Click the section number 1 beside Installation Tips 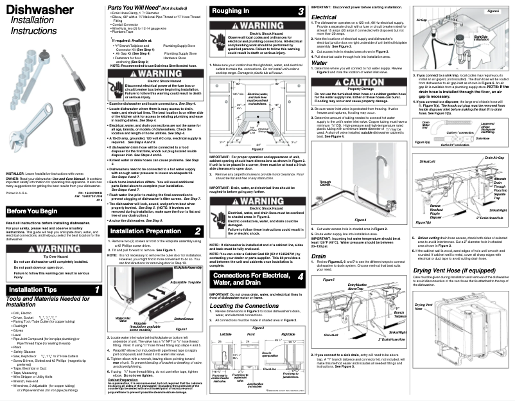97,290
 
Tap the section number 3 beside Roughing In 301,12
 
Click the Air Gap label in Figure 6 421,21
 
